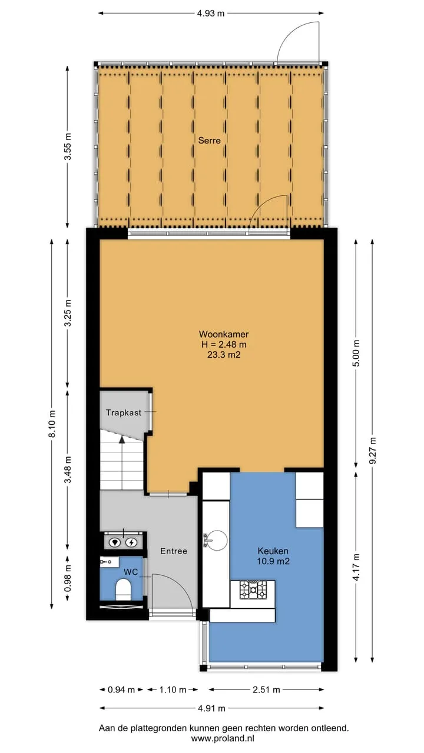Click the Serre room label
209,140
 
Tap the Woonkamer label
224,334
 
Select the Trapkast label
124,412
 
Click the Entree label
174,551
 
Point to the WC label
131,572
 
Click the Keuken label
273,551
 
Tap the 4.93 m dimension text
211,14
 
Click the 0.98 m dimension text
68,578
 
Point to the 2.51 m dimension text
266,690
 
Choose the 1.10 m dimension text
173,690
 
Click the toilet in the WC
123,590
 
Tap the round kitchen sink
216,540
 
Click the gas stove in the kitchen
253,590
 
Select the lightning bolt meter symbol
131,542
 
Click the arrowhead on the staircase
122,439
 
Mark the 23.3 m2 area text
224,355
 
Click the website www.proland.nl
223,738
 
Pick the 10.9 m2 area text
273,561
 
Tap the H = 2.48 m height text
224,344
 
